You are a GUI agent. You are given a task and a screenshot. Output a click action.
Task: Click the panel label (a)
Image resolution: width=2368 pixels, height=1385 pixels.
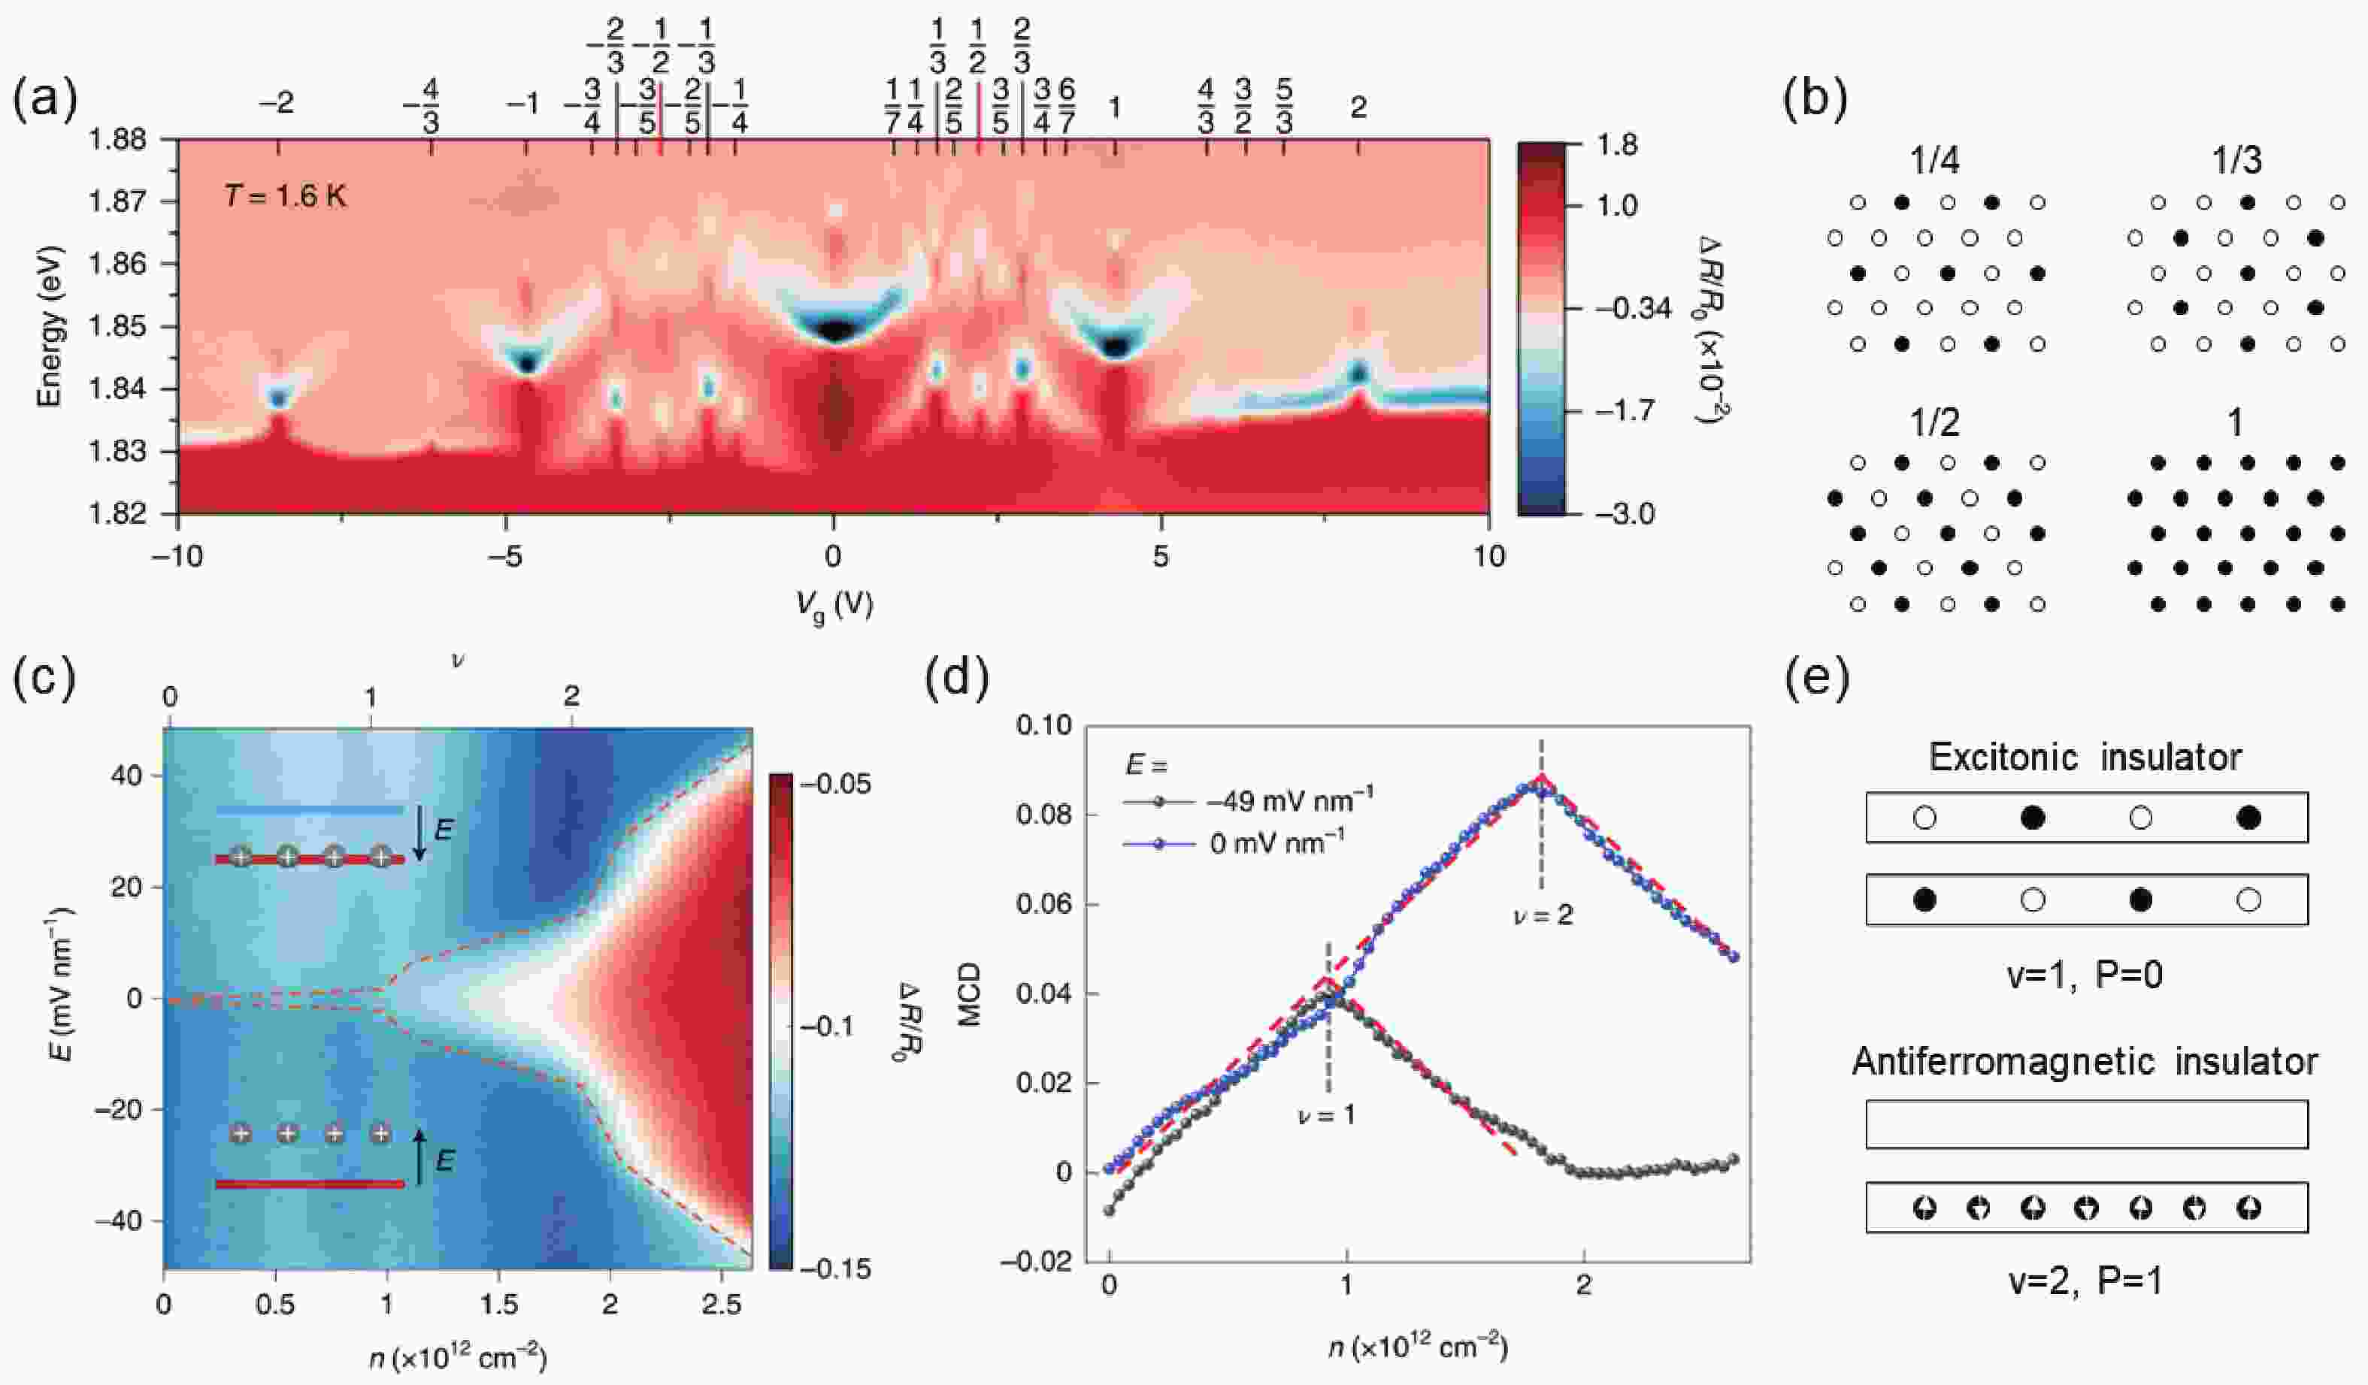44,101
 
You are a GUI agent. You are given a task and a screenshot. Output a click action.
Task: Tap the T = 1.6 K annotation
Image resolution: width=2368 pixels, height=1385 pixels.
285,198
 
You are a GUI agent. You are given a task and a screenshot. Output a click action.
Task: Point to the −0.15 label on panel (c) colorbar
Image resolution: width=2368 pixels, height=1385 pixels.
834,1269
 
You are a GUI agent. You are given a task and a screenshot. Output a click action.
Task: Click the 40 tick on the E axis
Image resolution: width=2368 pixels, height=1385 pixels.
123,776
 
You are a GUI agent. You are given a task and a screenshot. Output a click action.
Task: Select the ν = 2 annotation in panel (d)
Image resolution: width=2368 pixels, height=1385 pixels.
1542,915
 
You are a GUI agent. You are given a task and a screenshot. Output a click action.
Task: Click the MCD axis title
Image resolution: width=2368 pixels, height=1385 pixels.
971,993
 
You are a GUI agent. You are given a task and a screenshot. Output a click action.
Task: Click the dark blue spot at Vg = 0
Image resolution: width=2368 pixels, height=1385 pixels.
834,330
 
